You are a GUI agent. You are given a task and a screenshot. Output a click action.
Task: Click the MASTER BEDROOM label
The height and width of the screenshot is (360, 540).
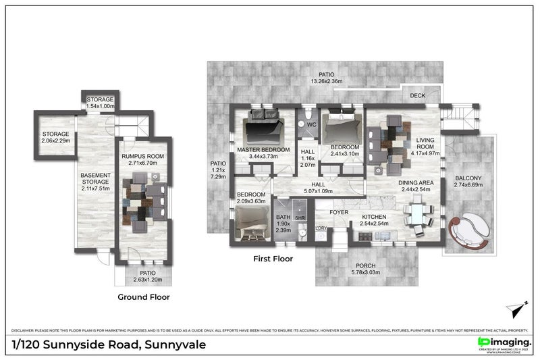click(x=263, y=149)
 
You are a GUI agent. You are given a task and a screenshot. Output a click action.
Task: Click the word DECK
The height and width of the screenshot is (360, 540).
click(x=418, y=96)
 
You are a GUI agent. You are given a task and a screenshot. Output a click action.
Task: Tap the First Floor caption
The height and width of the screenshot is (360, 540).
click(x=273, y=259)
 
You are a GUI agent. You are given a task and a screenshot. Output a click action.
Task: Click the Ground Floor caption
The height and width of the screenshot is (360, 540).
click(x=143, y=297)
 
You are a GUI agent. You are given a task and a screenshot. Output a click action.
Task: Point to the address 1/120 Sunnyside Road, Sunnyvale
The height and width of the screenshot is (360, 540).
click(x=109, y=344)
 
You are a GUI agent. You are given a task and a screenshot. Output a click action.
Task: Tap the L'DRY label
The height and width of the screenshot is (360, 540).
click(x=321, y=228)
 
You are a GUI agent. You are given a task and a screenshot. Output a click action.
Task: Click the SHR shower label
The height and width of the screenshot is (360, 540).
click(x=300, y=218)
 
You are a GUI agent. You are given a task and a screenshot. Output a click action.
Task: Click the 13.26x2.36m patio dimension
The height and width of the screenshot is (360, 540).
click(x=327, y=81)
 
